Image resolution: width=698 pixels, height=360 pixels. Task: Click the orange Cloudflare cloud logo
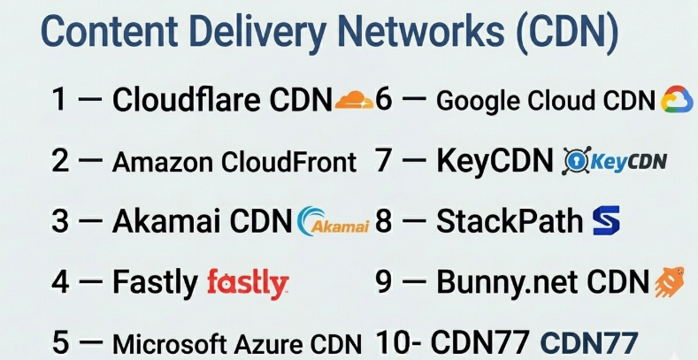pos(354,100)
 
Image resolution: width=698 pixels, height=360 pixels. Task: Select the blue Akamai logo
pos(334,222)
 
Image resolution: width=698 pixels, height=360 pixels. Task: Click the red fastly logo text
pos(247,283)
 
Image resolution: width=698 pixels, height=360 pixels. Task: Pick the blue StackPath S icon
pos(605,220)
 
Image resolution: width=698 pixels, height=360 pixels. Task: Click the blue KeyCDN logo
pos(615,161)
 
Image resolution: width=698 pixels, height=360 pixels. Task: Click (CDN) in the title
pos(566,32)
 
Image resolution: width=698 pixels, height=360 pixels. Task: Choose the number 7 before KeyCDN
pos(384,161)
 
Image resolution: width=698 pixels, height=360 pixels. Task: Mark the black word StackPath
pos(510,221)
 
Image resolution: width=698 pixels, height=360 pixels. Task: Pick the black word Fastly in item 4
pos(155,282)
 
